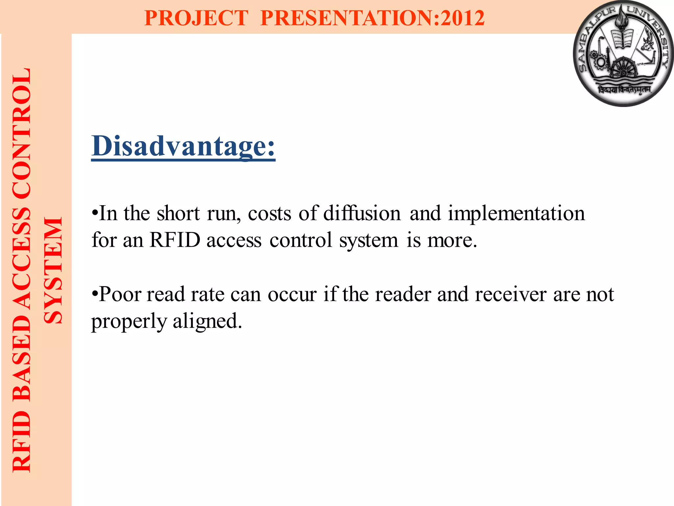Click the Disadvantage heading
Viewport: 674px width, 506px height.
[183, 146]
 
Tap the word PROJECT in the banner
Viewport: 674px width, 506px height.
[196, 18]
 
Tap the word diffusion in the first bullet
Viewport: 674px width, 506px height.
[362, 213]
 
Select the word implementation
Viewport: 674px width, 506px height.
[516, 213]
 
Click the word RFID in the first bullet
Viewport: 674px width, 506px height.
[175, 240]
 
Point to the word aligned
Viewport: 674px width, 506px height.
[207, 321]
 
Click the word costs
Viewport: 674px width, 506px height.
[270, 214]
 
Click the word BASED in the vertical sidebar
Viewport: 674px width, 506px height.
[22, 357]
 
